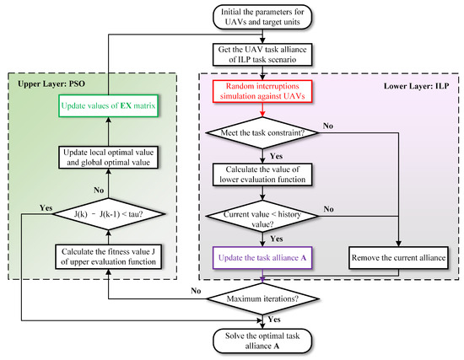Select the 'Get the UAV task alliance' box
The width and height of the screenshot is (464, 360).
point(265,58)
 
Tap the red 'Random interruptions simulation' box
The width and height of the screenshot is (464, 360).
point(265,97)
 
